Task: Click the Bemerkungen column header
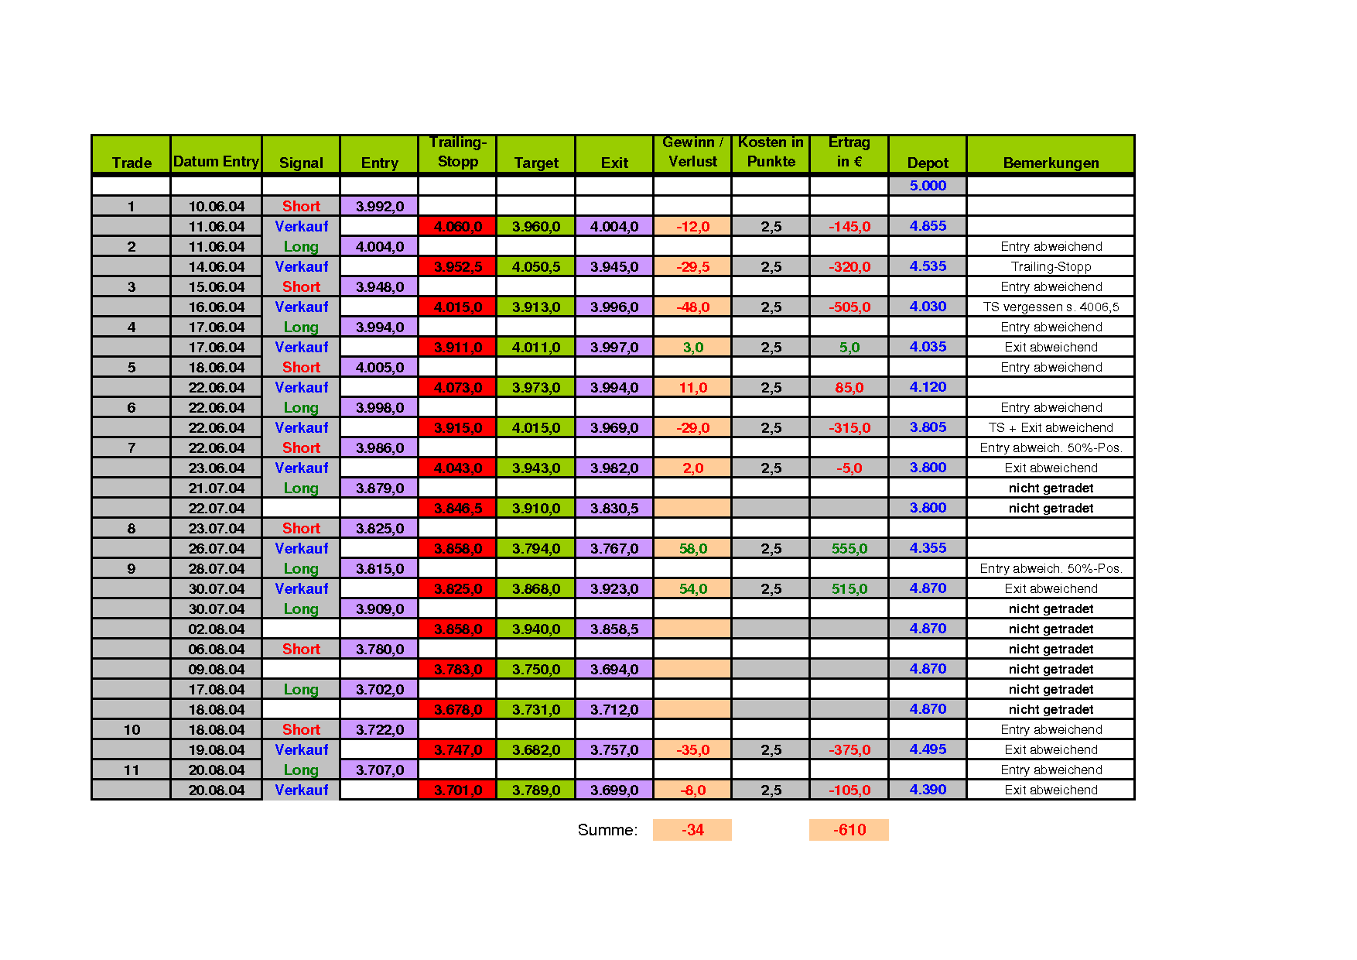coord(1051,163)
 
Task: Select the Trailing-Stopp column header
coord(457,153)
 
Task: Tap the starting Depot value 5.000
coord(928,186)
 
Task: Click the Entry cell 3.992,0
coord(379,207)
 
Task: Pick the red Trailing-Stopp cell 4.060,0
coord(457,227)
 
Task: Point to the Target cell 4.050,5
coord(536,267)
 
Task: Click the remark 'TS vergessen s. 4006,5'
coord(1051,307)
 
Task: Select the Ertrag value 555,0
coord(849,549)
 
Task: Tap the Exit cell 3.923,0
coord(614,589)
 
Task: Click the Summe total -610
coord(849,830)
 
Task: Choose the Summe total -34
coord(692,830)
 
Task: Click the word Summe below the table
coord(607,830)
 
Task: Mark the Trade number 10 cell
coord(132,730)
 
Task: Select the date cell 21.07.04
coord(217,489)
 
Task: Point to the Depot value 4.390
coord(928,790)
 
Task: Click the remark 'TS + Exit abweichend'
coord(1051,428)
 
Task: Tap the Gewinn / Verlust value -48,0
coord(692,307)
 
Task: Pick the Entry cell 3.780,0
coord(379,650)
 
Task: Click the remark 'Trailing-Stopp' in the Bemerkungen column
coord(1051,267)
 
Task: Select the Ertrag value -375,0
coord(849,750)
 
